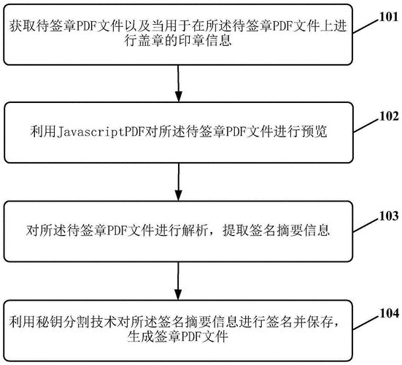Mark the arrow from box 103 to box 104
pos(179,282)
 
